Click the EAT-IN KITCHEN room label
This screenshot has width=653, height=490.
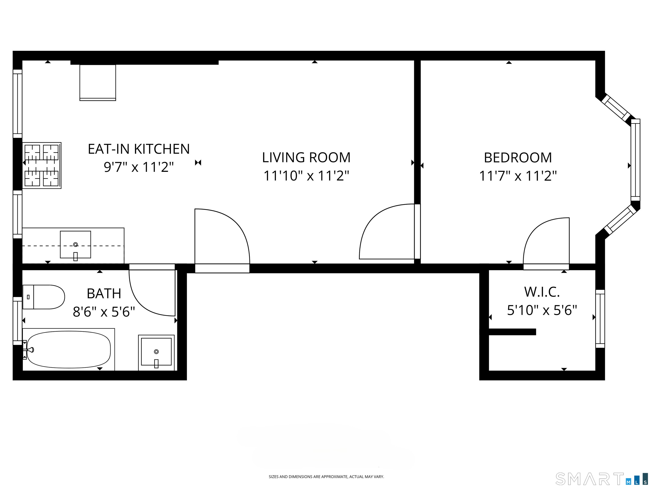tap(139, 149)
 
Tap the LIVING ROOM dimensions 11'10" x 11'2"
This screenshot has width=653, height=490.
tap(306, 176)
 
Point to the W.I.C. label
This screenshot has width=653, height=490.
tap(542, 292)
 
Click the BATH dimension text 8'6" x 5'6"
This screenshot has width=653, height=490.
tap(104, 312)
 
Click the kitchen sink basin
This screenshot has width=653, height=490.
tap(75, 245)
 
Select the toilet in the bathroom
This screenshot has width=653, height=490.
tap(44, 297)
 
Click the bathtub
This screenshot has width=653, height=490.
tap(68, 350)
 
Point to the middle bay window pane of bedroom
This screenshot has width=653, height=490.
tap(635, 160)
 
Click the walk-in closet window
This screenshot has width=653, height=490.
tap(600, 319)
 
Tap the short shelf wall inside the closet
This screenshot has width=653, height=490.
tap(512, 332)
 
